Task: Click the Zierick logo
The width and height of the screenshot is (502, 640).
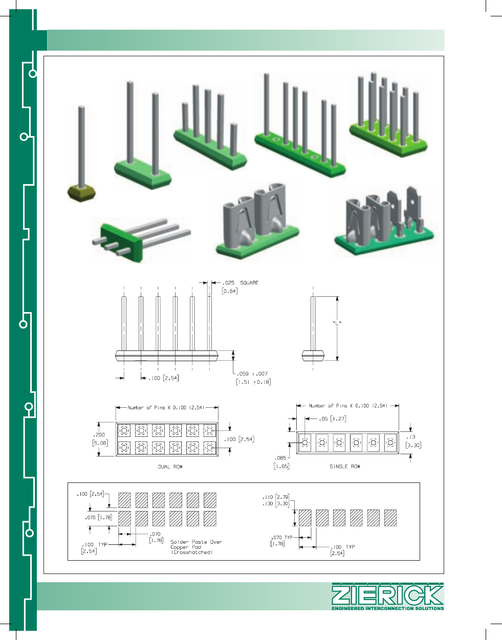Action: pos(388,597)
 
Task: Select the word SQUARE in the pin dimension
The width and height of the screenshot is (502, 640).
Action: pos(249,283)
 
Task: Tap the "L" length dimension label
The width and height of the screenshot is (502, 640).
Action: pos(337,323)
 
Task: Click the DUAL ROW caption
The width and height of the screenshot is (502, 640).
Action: pos(170,467)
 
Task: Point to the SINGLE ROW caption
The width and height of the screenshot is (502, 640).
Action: pos(345,467)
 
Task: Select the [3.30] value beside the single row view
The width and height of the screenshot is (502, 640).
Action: pos(413,445)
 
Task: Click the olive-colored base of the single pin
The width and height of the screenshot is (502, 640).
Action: pos(81,193)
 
